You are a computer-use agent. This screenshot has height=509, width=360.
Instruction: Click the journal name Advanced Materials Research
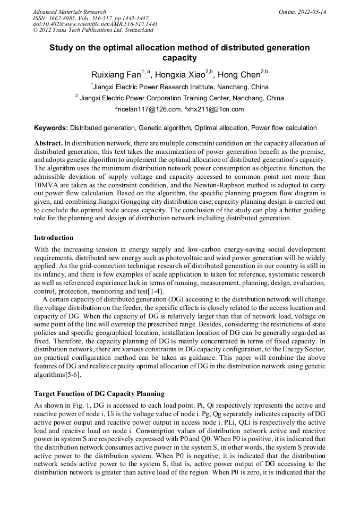(x=69, y=12)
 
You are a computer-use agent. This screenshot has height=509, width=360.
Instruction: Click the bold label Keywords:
(x=51, y=128)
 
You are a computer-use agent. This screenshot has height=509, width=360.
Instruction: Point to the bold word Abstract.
(x=48, y=144)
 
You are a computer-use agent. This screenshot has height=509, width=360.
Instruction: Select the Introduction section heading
(x=54, y=237)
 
